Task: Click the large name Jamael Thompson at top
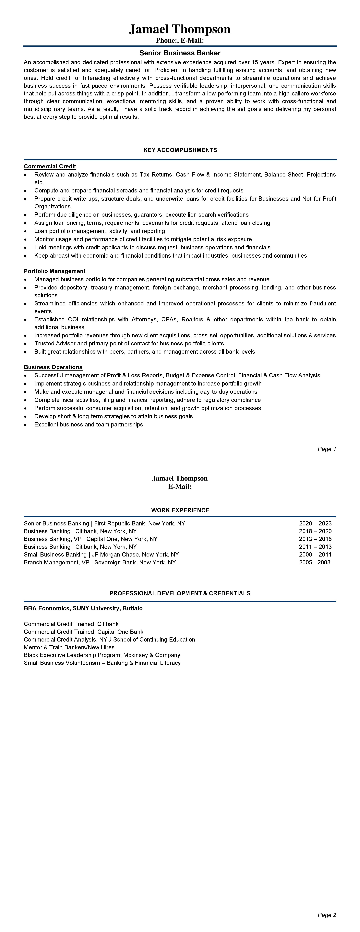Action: [180, 29]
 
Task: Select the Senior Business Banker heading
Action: [180, 53]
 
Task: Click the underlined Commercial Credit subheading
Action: [50, 166]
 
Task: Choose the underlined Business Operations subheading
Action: [53, 367]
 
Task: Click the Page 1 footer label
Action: [327, 449]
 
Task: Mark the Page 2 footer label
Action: [327, 915]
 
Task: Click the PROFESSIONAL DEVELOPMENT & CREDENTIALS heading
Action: [180, 593]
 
